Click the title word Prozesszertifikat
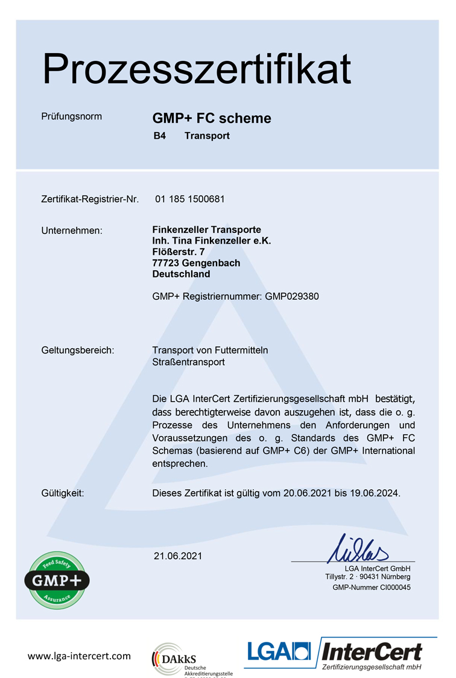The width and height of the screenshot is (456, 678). click(197, 69)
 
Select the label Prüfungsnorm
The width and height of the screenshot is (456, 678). click(72, 116)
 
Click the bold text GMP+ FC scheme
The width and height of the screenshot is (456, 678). click(212, 118)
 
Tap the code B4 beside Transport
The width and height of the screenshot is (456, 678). click(159, 136)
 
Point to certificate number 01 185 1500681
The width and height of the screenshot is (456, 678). click(189, 199)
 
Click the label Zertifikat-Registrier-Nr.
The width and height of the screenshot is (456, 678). click(90, 199)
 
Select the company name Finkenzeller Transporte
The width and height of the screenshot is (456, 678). click(207, 230)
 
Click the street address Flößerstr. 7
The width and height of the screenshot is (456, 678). click(179, 252)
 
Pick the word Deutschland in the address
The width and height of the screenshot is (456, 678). click(182, 274)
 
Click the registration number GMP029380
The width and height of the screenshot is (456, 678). click(292, 296)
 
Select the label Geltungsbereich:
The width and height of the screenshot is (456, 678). click(78, 350)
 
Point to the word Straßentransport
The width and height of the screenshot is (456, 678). click(189, 362)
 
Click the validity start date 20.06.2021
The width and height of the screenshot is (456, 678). click(306, 493)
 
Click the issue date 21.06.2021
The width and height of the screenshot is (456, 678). click(178, 556)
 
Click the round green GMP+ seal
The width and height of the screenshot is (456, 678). click(57, 580)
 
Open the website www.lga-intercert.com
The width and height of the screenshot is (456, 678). click(79, 656)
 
